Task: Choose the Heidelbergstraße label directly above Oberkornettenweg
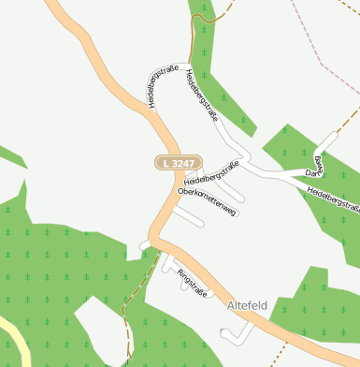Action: pos(211,172)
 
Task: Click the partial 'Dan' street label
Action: pos(315,168)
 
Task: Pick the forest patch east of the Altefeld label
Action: pos(318,300)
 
